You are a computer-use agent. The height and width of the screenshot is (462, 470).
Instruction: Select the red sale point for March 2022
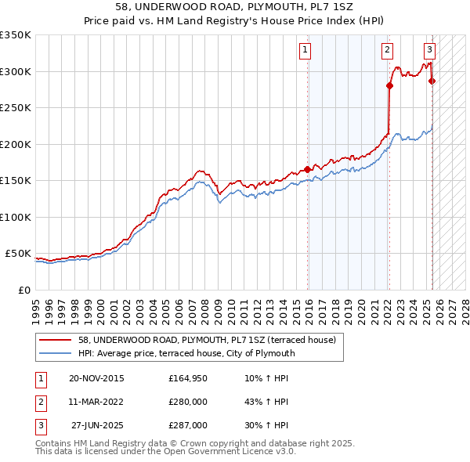point(389,86)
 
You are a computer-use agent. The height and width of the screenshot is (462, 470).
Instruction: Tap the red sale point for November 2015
point(307,169)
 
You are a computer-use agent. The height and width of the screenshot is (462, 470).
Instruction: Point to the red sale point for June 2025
point(432,81)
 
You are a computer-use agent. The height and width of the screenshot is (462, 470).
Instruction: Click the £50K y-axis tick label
point(18,254)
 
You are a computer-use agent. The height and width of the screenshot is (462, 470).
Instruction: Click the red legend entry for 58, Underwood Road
point(207,340)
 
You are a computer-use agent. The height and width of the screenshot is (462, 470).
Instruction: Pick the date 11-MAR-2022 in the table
point(96,402)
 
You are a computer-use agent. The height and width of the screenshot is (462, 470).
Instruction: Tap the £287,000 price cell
point(189,426)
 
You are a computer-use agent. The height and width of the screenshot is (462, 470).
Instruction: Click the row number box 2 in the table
point(40,402)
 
